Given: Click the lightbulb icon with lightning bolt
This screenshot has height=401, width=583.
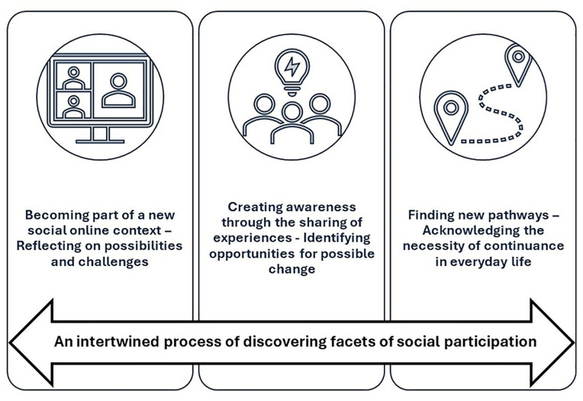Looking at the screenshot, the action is coord(292,66).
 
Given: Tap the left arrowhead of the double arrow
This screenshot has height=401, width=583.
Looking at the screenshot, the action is coord(31,341).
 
